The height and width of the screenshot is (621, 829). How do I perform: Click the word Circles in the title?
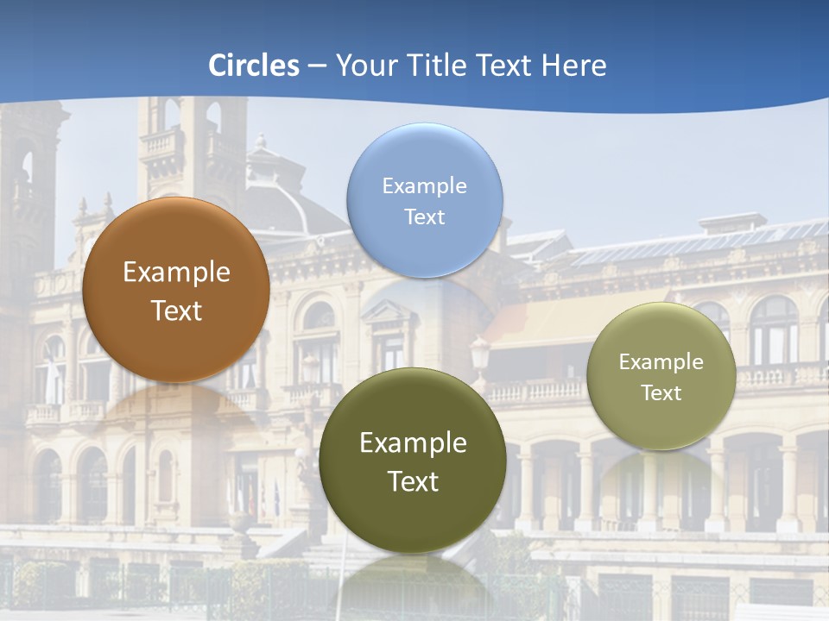click(254, 65)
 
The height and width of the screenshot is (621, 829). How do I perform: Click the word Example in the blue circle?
click(424, 185)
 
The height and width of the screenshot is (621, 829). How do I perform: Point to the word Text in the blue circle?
click(424, 216)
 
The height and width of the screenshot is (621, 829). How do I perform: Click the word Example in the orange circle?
click(176, 273)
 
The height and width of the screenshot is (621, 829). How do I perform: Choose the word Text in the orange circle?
click(176, 310)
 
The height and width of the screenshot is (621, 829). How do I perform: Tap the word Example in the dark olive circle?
click(413, 442)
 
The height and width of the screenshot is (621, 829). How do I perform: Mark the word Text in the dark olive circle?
click(413, 481)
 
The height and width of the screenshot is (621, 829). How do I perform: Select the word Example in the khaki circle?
click(661, 361)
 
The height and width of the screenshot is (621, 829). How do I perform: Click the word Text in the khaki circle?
click(661, 392)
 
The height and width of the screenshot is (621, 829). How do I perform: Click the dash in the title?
click(317, 66)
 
